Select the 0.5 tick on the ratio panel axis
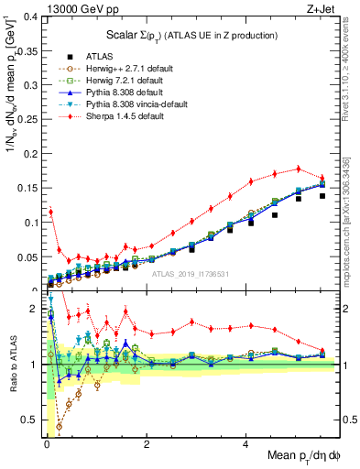(31, 420)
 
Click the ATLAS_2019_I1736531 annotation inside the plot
(191, 273)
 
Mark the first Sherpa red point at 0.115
(50, 212)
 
